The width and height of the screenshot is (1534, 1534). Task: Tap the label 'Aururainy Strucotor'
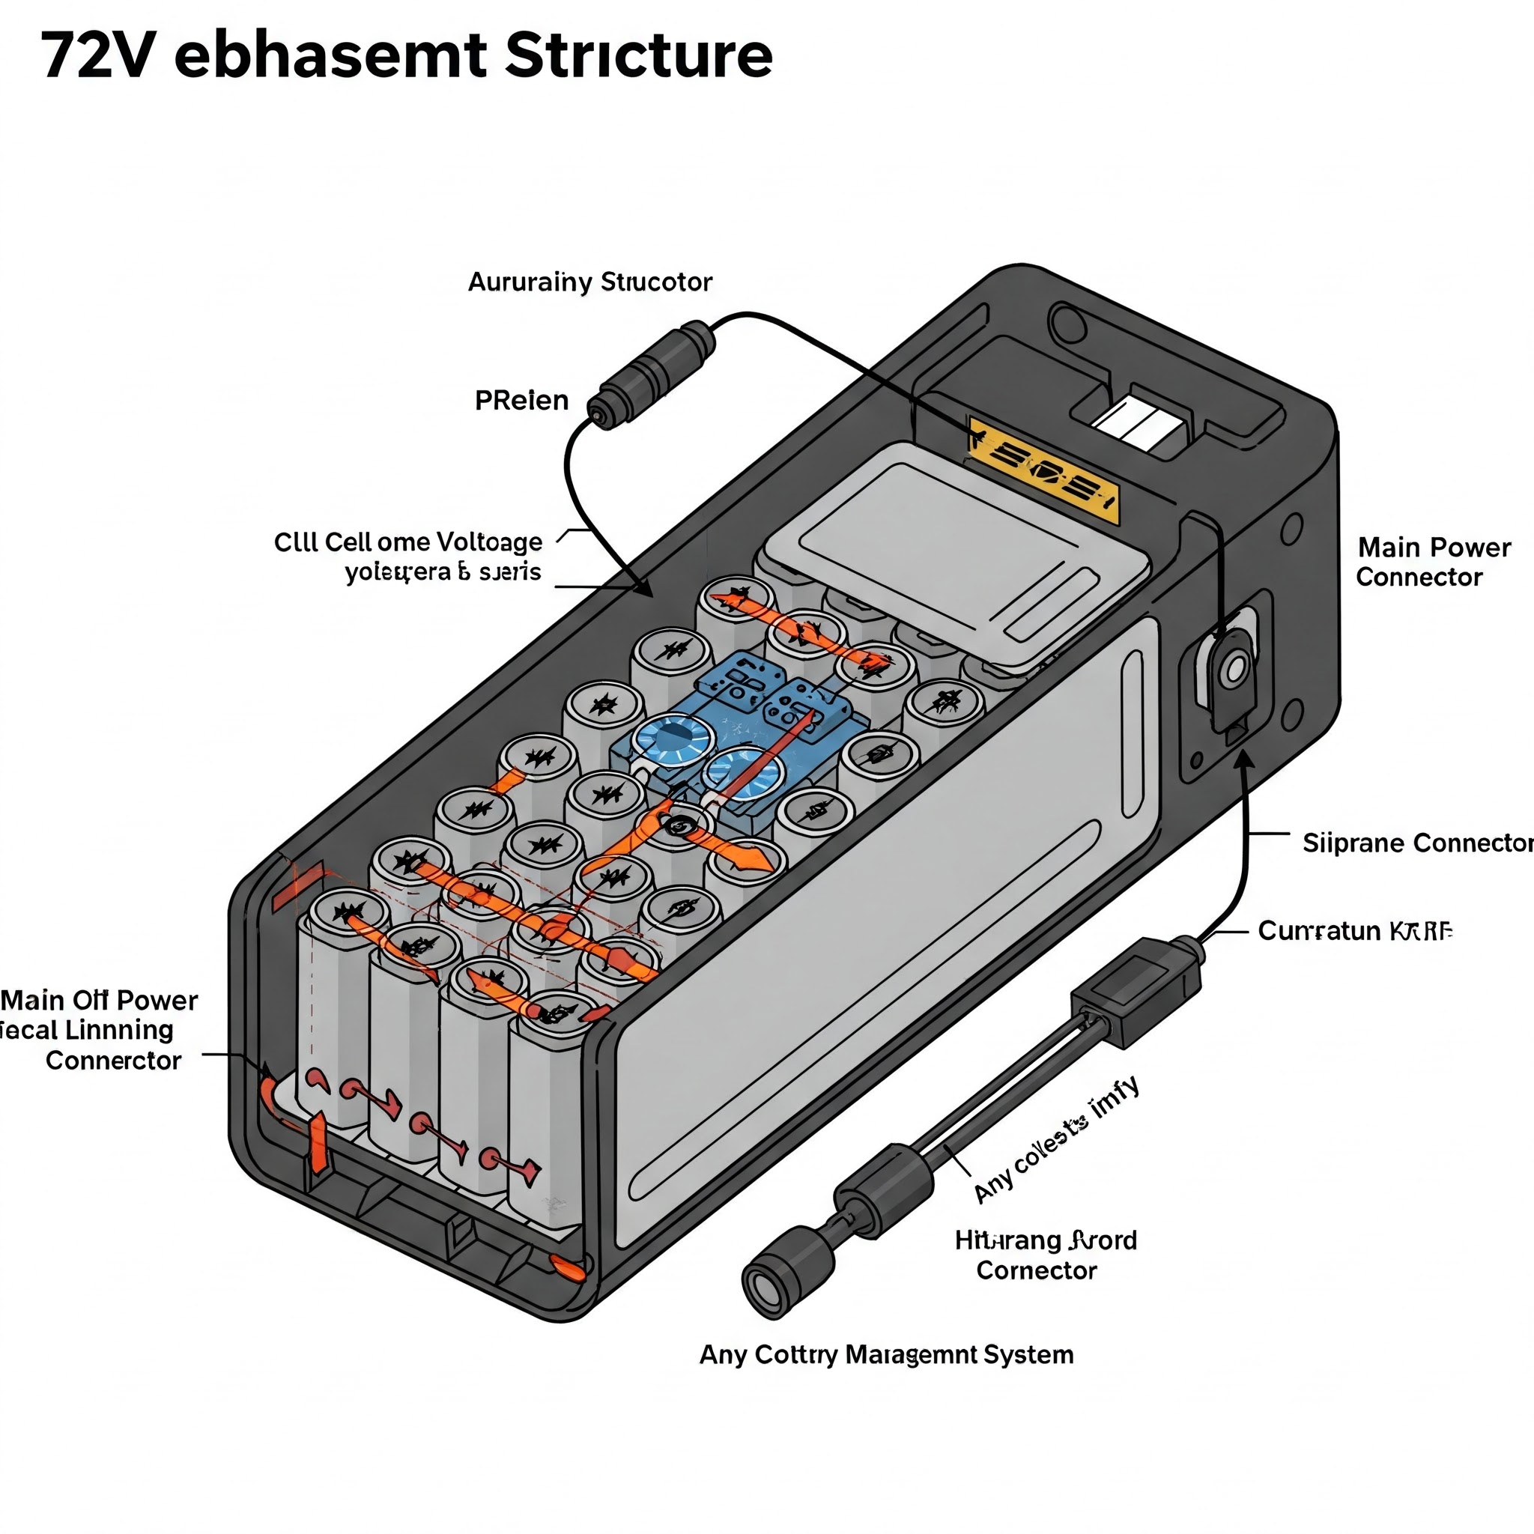[x=589, y=282]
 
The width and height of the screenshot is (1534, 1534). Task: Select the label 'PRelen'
[x=521, y=400]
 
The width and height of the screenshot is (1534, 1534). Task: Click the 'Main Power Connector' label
[x=1433, y=563]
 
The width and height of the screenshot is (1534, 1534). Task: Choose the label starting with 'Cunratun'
[x=1354, y=930]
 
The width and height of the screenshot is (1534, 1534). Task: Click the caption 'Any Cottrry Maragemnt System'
[x=886, y=1354]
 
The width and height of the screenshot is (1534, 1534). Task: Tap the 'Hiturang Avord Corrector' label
[x=1045, y=1255]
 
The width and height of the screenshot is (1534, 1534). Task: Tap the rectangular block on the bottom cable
[x=1136, y=992]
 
